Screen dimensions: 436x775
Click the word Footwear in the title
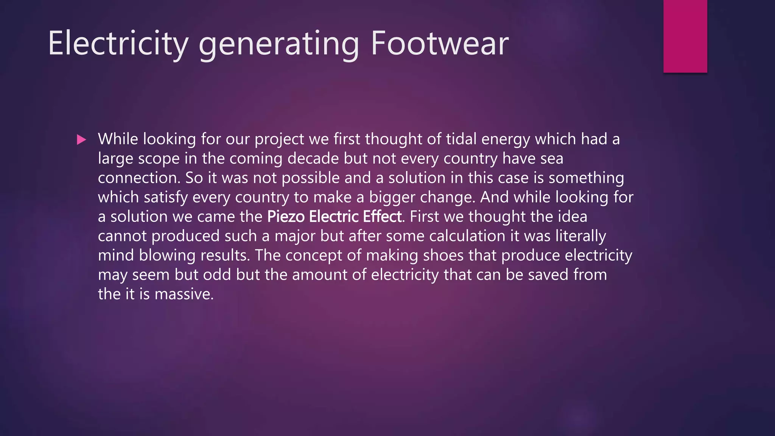click(439, 44)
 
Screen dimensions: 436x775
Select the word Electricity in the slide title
click(118, 44)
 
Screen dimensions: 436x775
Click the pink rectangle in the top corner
click(685, 36)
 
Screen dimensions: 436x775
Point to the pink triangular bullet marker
click(81, 140)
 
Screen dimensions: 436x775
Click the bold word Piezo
click(286, 217)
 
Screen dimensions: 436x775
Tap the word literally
click(580, 236)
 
